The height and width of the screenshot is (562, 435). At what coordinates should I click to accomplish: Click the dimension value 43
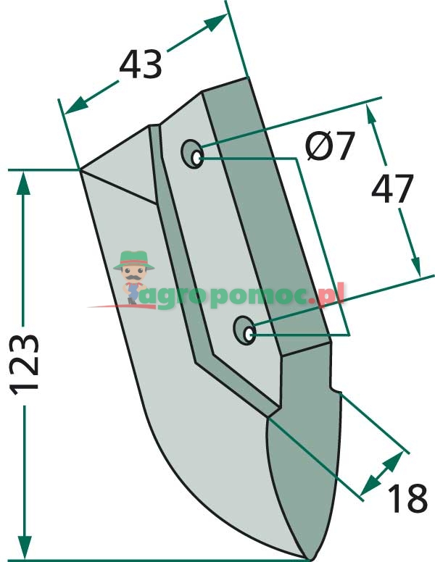click(141, 64)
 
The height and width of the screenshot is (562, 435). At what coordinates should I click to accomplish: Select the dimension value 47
click(393, 188)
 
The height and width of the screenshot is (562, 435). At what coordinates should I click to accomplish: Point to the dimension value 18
click(407, 498)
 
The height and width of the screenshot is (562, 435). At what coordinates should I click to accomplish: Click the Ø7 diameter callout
click(330, 146)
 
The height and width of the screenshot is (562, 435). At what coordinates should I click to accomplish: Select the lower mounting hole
click(244, 330)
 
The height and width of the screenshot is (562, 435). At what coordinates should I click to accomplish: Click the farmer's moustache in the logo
click(133, 277)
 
